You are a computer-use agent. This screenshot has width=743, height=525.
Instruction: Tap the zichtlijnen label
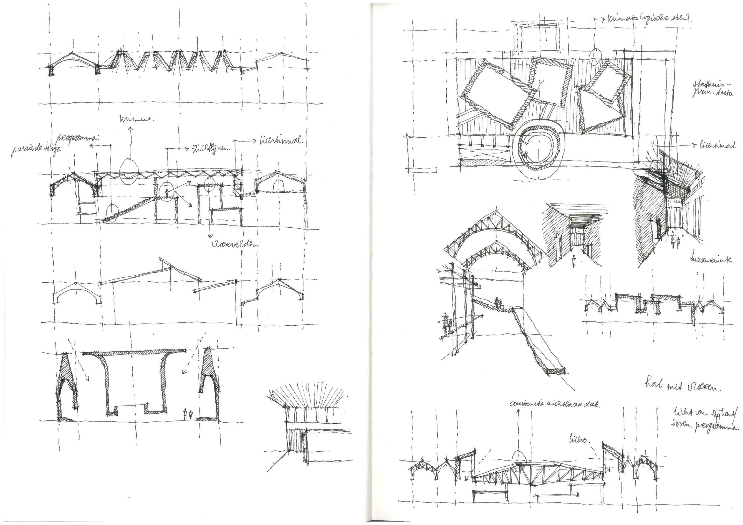click(211, 149)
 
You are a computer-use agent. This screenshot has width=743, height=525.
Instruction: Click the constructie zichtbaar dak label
click(554, 404)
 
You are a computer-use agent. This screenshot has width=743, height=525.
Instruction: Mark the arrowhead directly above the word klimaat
click(131, 128)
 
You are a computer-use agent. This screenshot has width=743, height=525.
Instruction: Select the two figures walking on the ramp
click(498, 302)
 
